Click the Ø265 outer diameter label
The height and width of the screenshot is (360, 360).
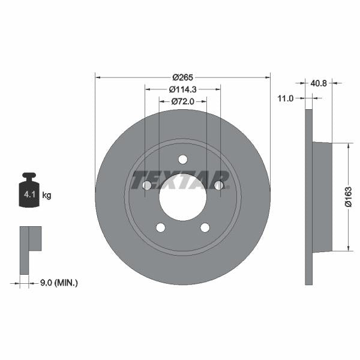(x=182, y=77)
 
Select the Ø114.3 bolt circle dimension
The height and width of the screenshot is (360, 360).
(x=182, y=89)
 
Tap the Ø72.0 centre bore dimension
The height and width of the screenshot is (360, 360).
(x=182, y=101)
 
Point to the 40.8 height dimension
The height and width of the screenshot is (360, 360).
(x=319, y=84)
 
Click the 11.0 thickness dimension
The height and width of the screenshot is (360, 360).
(x=286, y=98)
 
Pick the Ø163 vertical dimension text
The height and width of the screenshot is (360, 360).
(x=348, y=197)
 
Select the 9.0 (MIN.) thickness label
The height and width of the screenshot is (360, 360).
(x=58, y=281)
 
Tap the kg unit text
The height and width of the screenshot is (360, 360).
(x=47, y=195)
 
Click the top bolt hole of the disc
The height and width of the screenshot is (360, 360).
(x=183, y=159)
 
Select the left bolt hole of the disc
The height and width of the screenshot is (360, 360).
(x=147, y=185)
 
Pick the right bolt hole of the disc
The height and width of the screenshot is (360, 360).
(x=219, y=185)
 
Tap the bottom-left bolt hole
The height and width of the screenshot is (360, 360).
(x=160, y=227)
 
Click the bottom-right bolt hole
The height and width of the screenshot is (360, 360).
(x=205, y=227)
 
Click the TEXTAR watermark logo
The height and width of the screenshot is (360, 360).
(x=181, y=179)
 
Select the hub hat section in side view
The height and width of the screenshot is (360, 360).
(x=322, y=197)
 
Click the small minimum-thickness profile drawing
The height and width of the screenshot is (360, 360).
(x=29, y=246)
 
